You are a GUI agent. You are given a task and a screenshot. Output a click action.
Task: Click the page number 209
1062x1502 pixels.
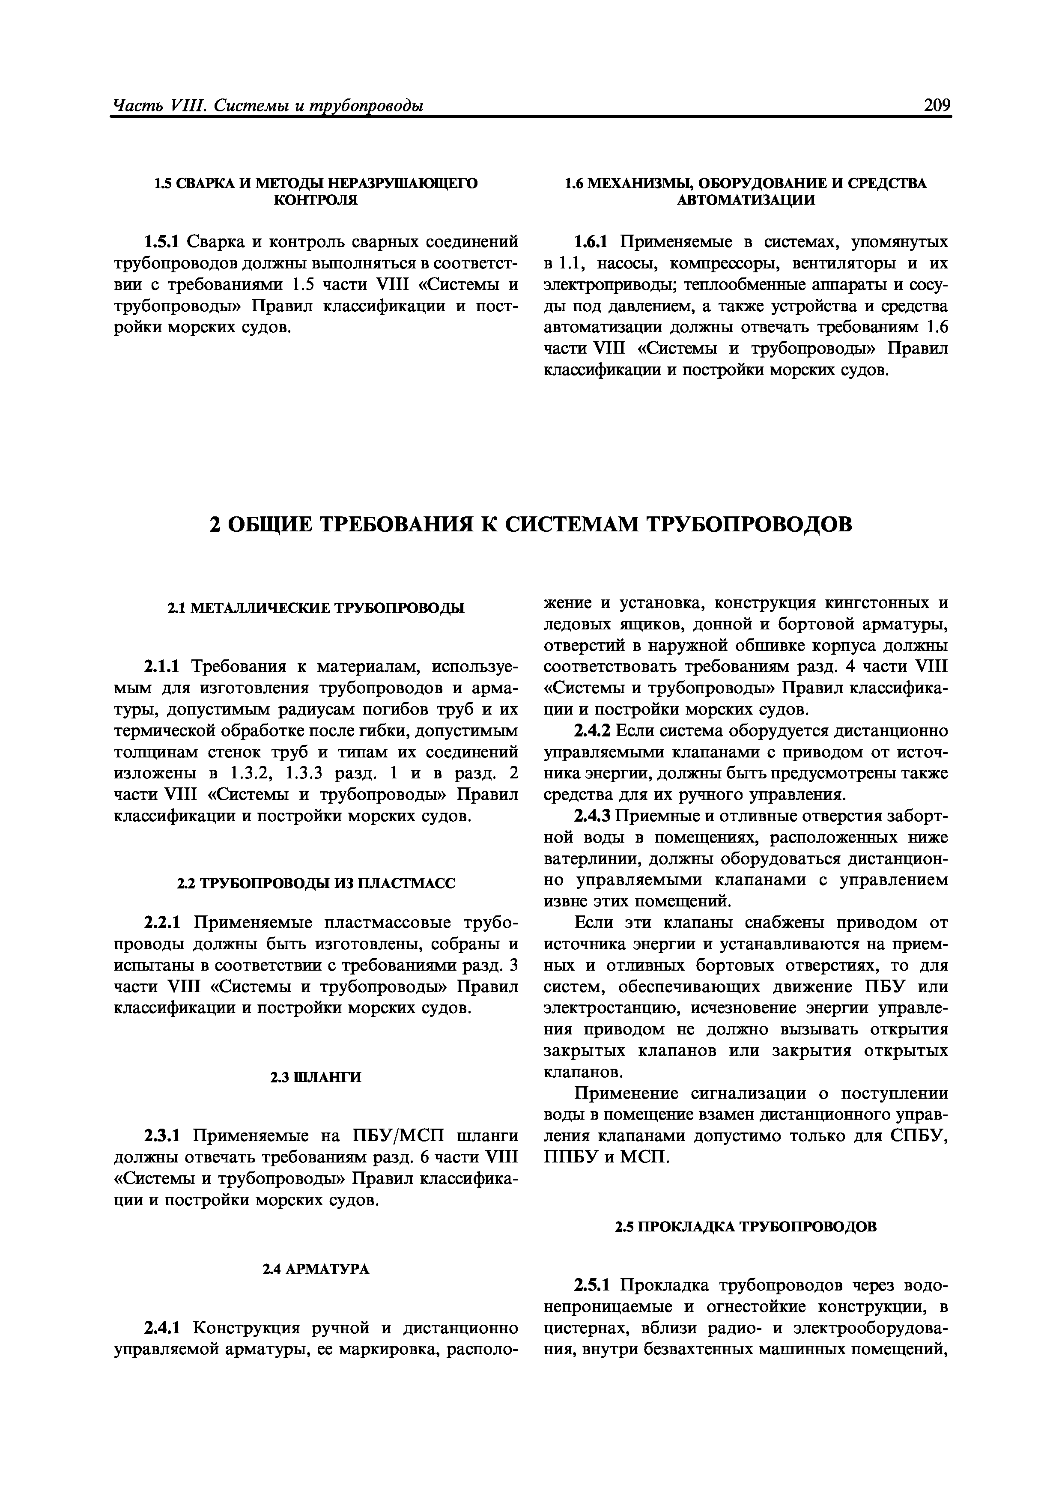pos(937,104)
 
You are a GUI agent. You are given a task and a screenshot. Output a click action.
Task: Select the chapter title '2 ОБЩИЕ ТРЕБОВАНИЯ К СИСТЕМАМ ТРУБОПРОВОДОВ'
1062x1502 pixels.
pos(531,524)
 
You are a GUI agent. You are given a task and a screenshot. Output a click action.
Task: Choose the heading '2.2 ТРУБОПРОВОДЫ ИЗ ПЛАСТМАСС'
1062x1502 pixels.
pos(316,884)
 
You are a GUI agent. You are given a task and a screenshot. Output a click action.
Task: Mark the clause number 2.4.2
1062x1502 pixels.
pos(591,731)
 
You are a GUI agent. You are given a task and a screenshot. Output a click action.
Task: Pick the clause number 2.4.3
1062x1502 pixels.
pos(591,817)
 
